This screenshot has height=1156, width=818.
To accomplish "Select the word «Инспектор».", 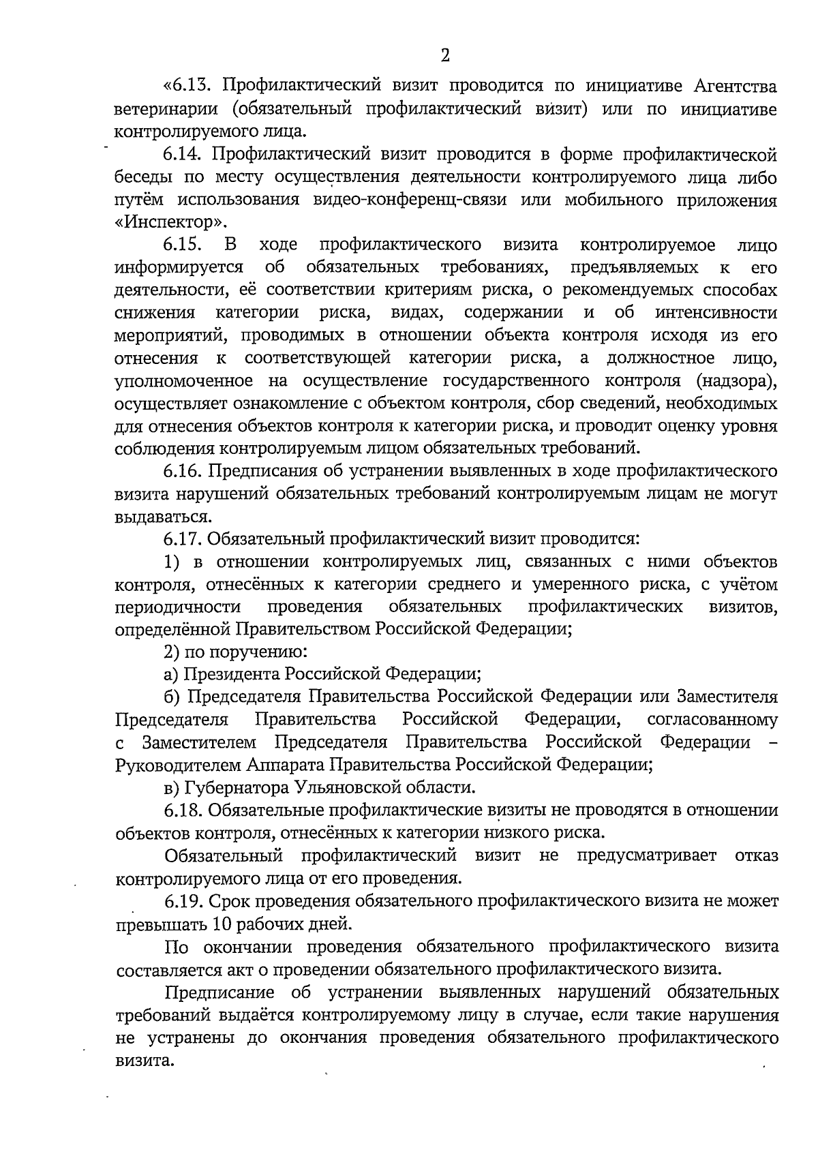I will (170, 222).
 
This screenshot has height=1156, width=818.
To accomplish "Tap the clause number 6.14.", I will (183, 155).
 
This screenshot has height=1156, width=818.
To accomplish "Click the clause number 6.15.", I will (183, 245).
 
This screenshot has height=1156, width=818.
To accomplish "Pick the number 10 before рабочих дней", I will (219, 924).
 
